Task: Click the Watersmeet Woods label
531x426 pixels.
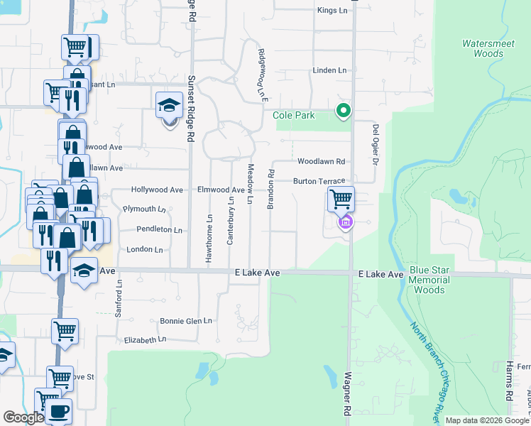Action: [x=483, y=48]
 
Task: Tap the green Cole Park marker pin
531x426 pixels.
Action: [x=343, y=111]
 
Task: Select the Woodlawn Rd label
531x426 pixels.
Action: [x=321, y=162]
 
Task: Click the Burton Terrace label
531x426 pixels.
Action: [x=319, y=182]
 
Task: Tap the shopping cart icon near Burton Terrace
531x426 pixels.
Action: [x=341, y=199]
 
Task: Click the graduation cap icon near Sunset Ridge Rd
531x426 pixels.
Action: [x=169, y=106]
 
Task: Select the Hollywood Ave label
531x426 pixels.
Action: [x=158, y=190]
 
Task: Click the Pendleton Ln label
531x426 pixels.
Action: [x=159, y=230]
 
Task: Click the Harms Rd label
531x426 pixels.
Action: [x=509, y=383]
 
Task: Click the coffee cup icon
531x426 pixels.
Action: [x=58, y=411]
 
